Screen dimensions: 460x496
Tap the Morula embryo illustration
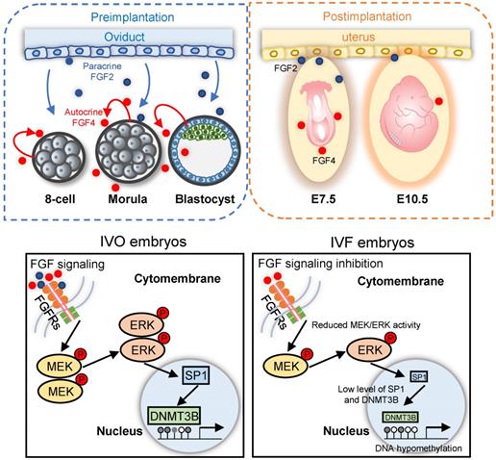click(x=132, y=155)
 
